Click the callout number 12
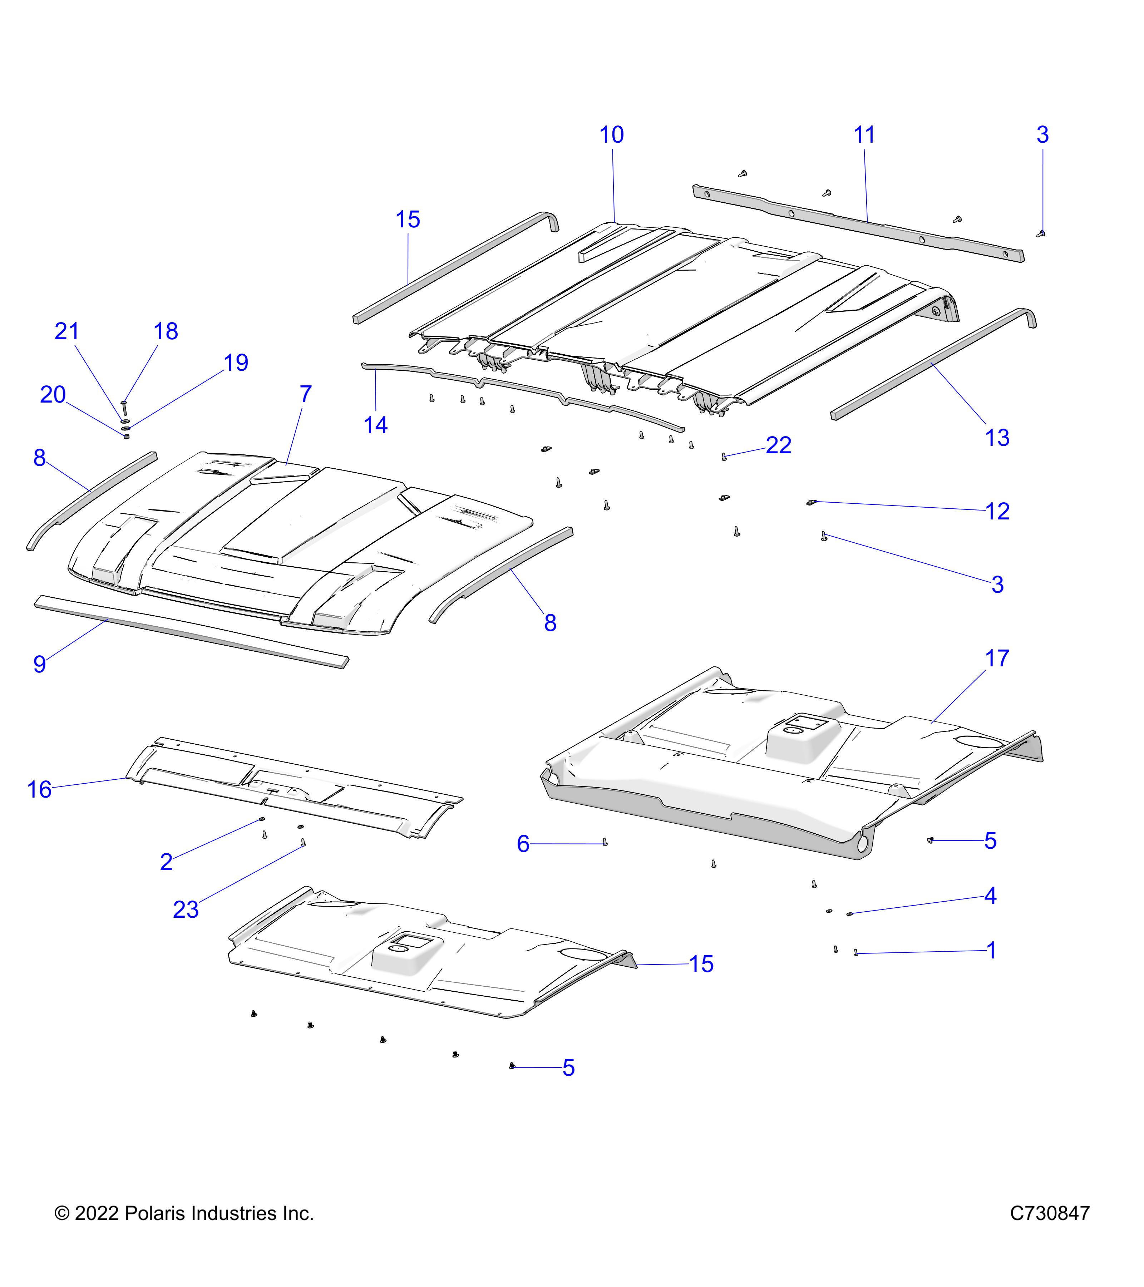tap(997, 511)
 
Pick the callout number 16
tap(39, 790)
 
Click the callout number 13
tap(997, 438)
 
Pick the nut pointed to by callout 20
tap(127, 437)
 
